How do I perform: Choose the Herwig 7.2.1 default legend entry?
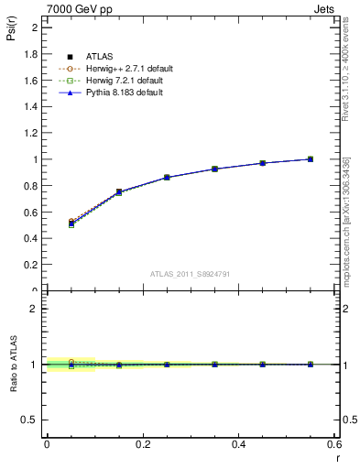click(x=125, y=81)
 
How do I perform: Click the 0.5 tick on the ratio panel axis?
click(x=30, y=420)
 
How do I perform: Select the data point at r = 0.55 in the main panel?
click(x=311, y=159)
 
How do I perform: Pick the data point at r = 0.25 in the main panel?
click(x=167, y=177)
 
